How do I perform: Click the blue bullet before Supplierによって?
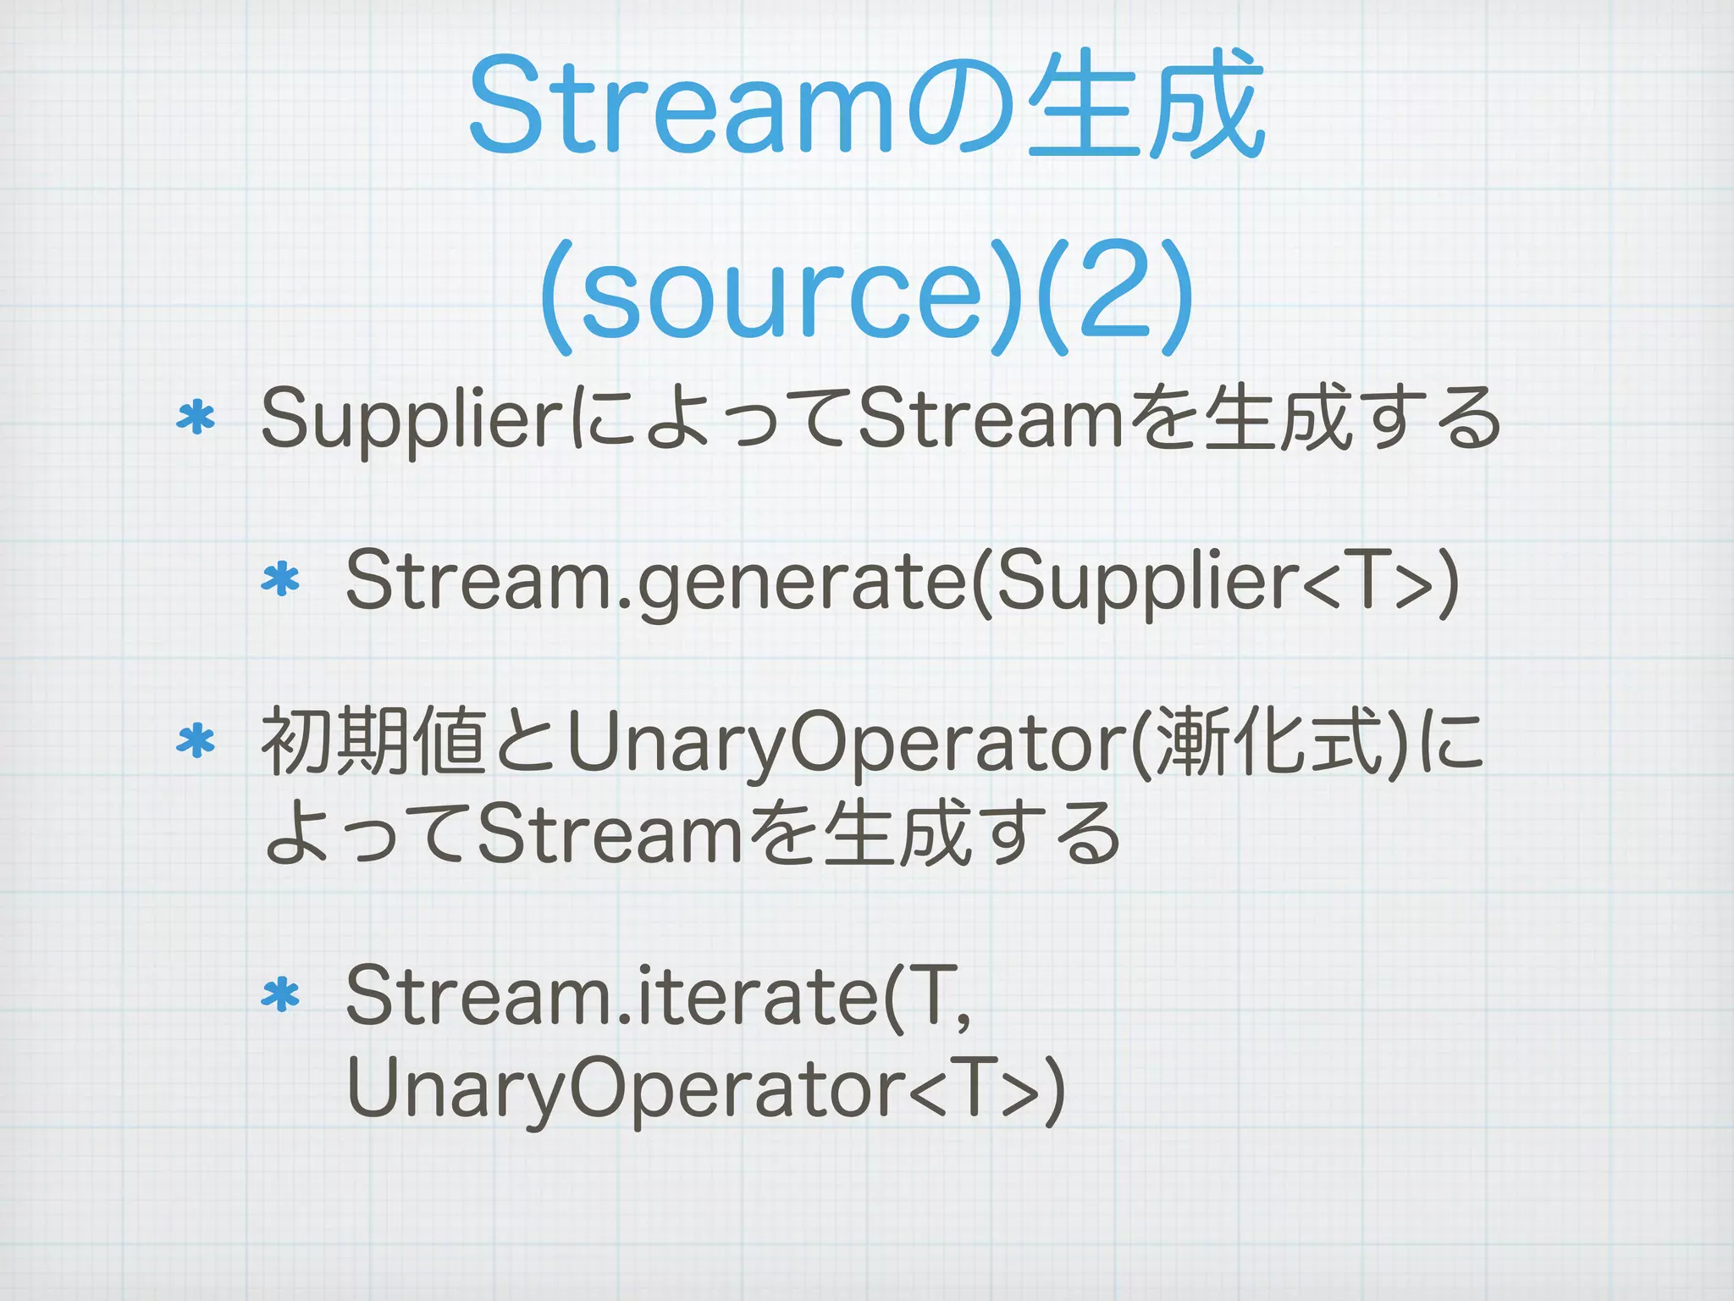[196, 418]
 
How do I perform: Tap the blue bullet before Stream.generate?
[281, 581]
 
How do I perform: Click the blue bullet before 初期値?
[196, 741]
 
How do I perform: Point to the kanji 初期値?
[373, 743]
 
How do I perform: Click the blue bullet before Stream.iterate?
[281, 996]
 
